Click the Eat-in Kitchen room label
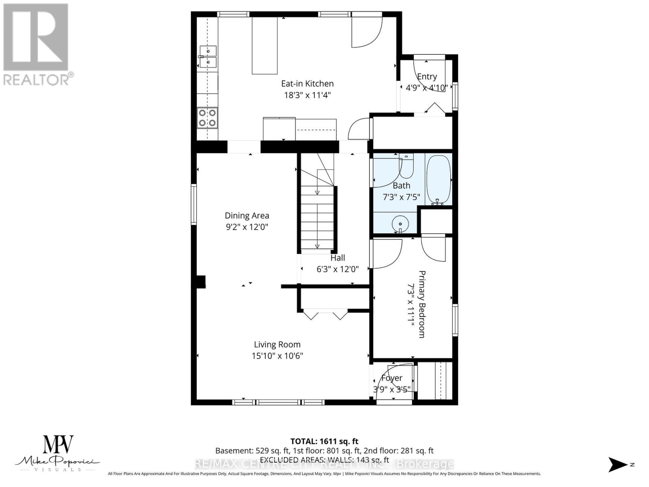point(307,84)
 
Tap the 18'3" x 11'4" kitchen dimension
point(307,95)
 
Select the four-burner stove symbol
point(207,118)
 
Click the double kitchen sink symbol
point(208,57)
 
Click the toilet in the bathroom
point(406,166)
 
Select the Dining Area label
point(247,215)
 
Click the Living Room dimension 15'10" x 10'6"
point(277,356)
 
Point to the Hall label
point(337,258)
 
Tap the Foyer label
point(392,378)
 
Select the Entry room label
point(427,76)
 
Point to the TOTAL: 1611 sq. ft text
point(324,441)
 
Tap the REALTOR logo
point(37,45)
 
